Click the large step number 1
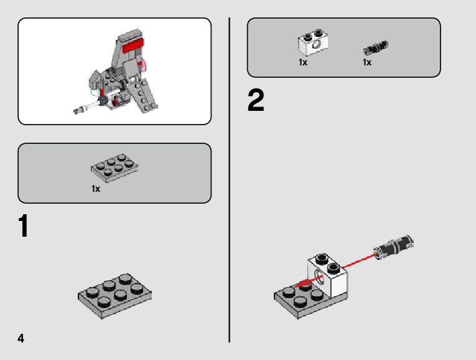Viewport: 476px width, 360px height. pos(24,226)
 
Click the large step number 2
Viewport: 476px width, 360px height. pos(256,100)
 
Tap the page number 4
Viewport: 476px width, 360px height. pos(21,338)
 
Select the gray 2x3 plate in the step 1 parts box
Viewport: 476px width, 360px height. pos(114,168)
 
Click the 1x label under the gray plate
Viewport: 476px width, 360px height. pos(96,189)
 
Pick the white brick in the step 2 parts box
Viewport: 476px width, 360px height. pos(313,42)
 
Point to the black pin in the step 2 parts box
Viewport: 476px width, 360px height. pos(376,48)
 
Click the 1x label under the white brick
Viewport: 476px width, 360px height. pos(303,62)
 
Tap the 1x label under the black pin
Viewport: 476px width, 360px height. pos(367,62)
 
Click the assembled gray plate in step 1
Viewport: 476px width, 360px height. pos(114,296)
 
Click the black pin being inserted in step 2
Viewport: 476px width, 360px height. pos(394,247)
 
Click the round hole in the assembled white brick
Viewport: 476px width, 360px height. pos(318,277)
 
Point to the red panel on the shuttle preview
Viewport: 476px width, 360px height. pos(133,46)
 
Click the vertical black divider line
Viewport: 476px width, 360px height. pos(230,180)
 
